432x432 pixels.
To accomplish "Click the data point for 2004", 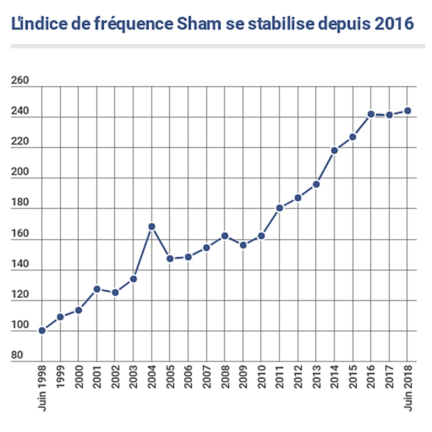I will [x=152, y=226].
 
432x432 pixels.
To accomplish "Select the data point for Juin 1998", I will [x=42, y=330].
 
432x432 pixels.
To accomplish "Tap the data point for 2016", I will [x=371, y=114].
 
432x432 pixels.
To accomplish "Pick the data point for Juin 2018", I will [x=407, y=111].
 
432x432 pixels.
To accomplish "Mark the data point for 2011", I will [x=279, y=208].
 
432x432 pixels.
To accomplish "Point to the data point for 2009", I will [x=243, y=245].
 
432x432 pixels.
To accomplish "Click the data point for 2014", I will [x=334, y=151].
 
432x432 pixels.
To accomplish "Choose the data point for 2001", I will [x=97, y=289].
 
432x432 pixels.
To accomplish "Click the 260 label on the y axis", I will [x=20, y=81].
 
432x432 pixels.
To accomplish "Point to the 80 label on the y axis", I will [x=17, y=355].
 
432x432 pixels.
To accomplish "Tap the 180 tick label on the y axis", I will [x=20, y=202].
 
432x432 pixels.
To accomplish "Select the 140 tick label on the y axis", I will [x=20, y=264].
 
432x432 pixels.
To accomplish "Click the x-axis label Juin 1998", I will [x=42, y=388].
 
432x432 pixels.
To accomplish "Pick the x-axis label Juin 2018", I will [x=408, y=388].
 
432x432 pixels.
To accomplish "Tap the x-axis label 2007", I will [x=207, y=377].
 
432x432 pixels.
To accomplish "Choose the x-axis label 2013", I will [x=316, y=377].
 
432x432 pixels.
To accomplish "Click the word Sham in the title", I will [x=199, y=24].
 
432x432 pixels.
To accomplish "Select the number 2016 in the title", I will [x=394, y=24].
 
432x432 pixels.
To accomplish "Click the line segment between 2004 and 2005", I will [x=161, y=243].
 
